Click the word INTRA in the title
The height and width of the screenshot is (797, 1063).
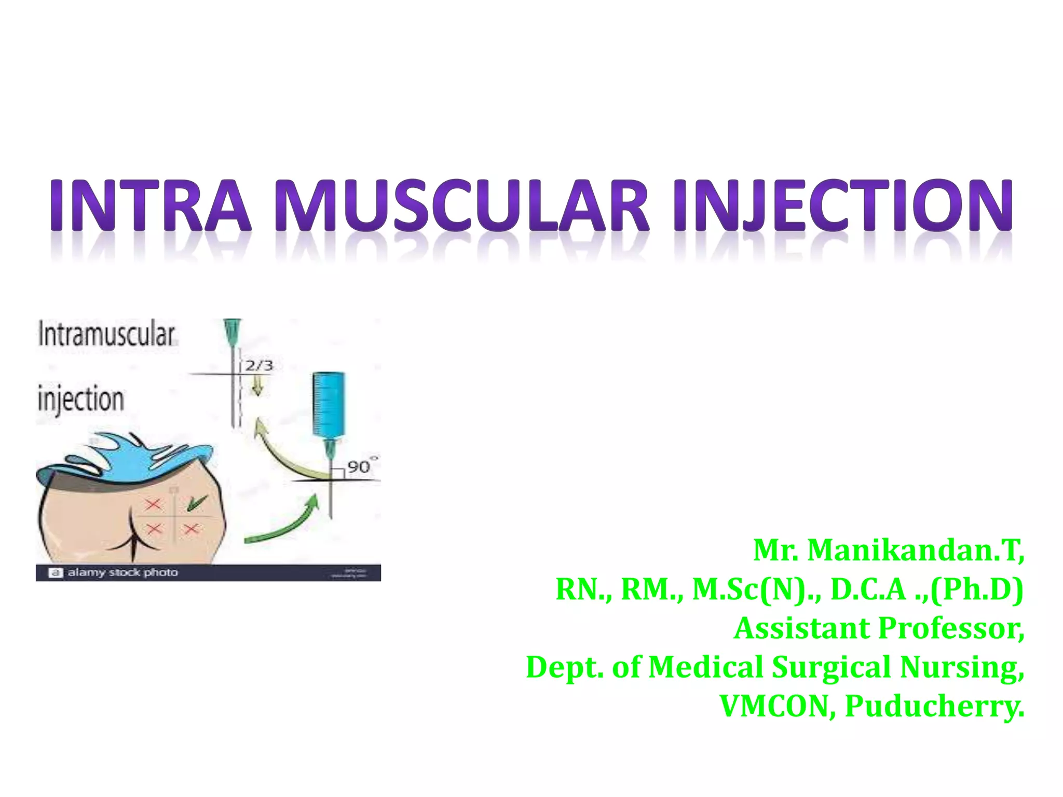pos(151,205)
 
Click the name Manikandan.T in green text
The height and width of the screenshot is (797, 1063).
pos(916,550)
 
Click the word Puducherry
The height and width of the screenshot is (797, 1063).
pos(934,706)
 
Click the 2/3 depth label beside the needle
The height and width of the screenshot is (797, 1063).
pos(258,365)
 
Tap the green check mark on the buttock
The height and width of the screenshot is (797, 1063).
pos(196,502)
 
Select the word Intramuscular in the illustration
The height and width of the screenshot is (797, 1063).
pos(106,335)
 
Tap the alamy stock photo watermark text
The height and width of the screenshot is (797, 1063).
pos(122,572)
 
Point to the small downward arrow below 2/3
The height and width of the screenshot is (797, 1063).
pos(257,386)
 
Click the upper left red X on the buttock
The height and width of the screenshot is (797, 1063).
pos(153,504)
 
